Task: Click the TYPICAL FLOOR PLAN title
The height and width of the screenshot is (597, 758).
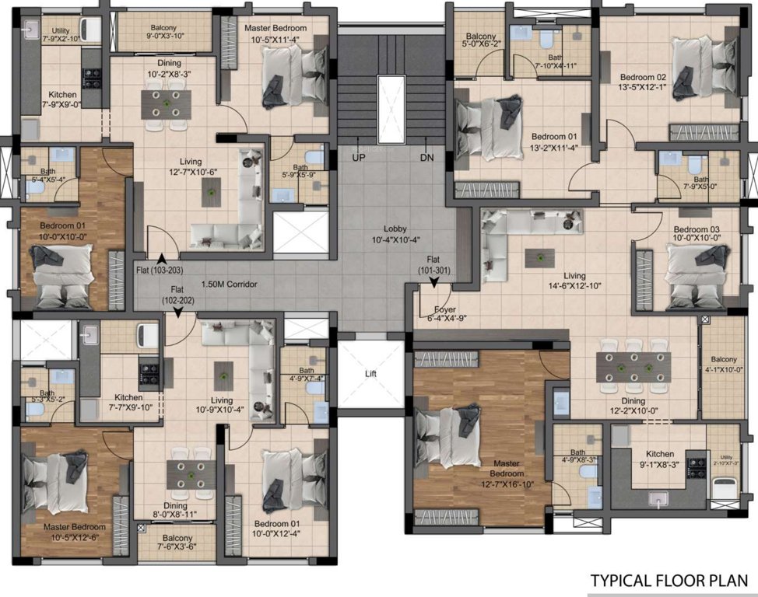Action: [x=669, y=581]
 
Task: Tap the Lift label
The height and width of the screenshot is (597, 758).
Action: [x=370, y=373]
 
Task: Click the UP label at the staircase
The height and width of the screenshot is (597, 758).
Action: [x=359, y=158]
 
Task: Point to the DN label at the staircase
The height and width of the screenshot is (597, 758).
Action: [x=426, y=158]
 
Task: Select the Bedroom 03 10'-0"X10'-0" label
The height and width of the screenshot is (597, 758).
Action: [x=697, y=234]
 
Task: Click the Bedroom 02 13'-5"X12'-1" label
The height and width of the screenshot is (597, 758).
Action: [x=643, y=82]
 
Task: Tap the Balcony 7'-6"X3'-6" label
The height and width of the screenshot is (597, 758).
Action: [x=177, y=543]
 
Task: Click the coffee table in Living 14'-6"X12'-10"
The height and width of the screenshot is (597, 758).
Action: [x=535, y=256]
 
